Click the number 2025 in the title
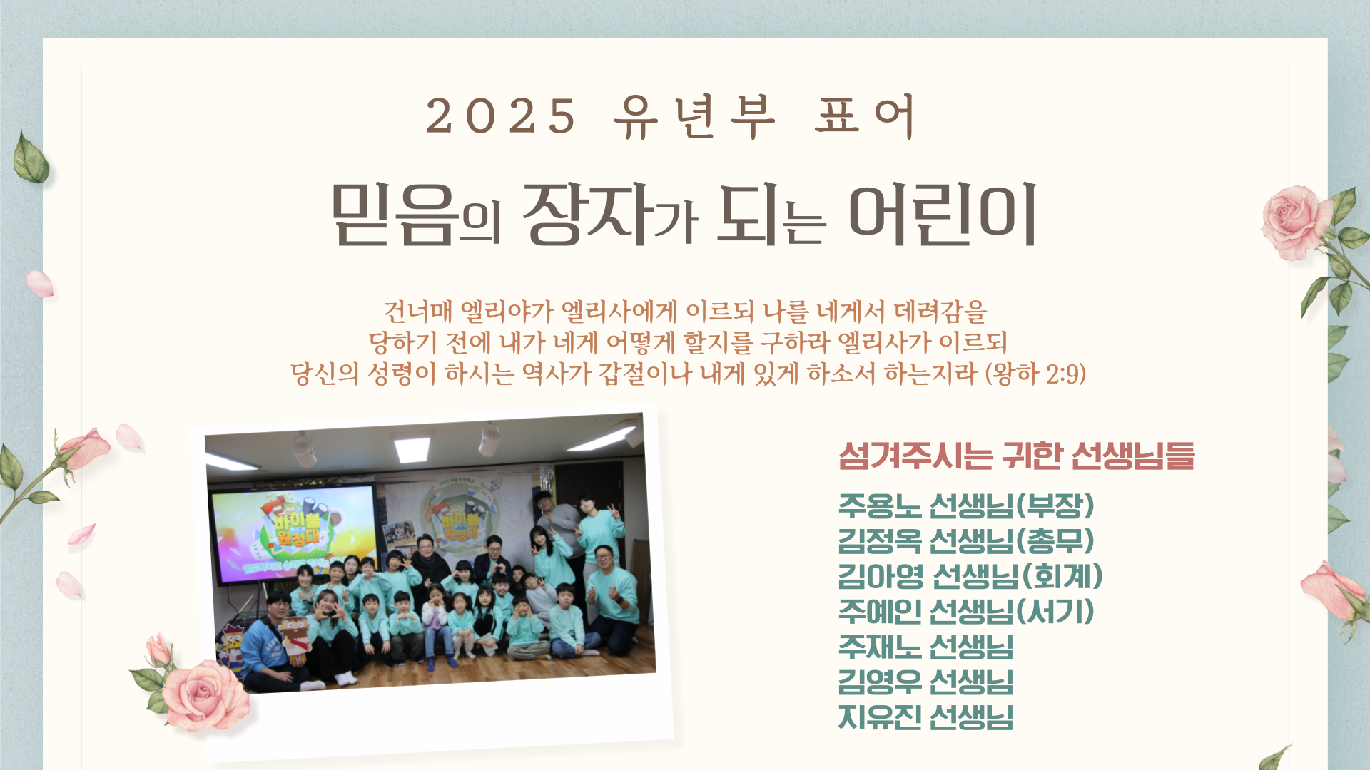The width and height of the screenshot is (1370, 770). pos(501,115)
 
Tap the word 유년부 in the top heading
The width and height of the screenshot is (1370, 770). pos(694,115)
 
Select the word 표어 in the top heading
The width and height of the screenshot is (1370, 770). pos(864,115)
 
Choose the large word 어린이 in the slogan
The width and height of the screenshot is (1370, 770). pos(943,214)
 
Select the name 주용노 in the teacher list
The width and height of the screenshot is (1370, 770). pos(880,505)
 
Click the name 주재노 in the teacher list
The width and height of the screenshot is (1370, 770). pos(880,647)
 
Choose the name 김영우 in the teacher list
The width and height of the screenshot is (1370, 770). pos(880,682)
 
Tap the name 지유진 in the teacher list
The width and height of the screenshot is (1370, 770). pos(880,717)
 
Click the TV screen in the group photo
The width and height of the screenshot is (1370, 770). pos(294,533)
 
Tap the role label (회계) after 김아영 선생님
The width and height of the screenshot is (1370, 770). pos(1063,576)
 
